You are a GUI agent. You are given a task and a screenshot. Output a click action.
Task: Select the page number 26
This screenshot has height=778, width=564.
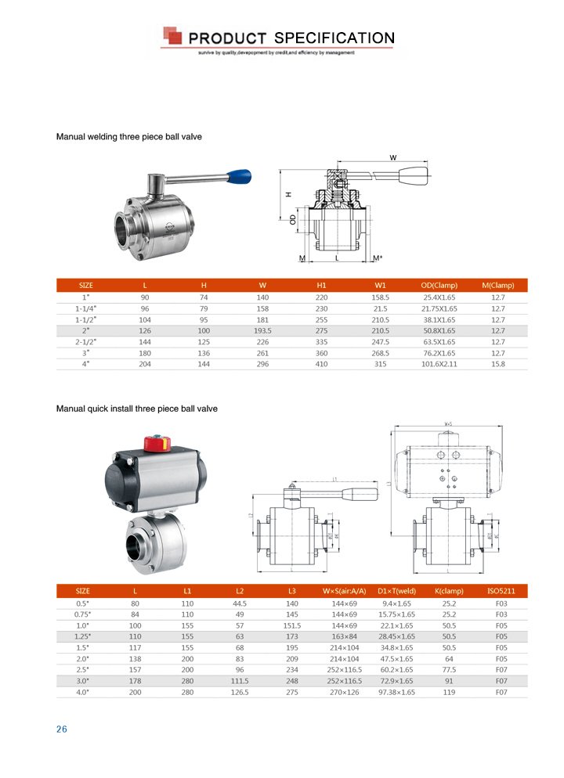pos(62,729)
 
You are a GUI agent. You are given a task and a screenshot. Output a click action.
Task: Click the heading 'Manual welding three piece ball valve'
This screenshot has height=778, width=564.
pos(129,137)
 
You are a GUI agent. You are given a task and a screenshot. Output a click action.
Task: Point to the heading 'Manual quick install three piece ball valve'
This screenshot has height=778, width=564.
pos(137,409)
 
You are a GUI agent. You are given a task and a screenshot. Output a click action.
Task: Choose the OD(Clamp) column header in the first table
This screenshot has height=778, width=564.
pos(439,285)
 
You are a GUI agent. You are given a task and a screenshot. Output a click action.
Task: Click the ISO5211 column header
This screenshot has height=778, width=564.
pos(501,591)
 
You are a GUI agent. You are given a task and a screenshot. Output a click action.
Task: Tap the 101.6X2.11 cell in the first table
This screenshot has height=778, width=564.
pos(439,364)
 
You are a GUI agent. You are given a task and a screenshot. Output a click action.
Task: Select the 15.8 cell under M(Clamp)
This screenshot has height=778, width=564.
pos(498,364)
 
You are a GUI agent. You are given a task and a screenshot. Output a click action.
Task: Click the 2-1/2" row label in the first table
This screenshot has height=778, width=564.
pos(86,341)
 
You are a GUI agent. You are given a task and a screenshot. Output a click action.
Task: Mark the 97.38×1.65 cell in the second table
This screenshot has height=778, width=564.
pos(396,692)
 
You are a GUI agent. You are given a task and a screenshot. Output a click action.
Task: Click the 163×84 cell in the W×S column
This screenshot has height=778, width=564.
pos(345,636)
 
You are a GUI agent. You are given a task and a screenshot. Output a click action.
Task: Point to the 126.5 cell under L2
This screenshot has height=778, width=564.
pos(240,692)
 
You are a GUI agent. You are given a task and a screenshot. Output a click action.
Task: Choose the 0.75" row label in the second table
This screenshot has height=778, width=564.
pos(82,614)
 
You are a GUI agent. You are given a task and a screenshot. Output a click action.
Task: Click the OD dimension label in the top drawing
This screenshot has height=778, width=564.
pos(292,221)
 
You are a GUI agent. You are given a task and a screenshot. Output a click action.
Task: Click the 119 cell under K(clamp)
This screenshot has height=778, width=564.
pos(449,692)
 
